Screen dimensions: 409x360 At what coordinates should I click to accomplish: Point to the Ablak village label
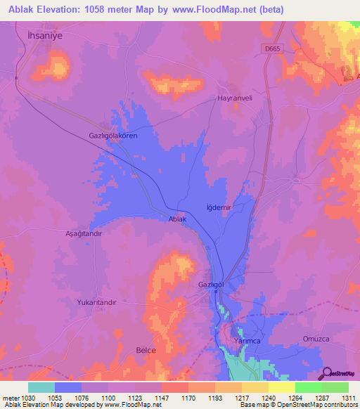(x=177, y=219)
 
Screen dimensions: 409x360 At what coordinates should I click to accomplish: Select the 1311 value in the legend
(x=348, y=398)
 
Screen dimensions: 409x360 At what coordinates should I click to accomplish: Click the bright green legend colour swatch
(x=308, y=387)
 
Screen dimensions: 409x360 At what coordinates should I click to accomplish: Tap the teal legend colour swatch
(x=41, y=387)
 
